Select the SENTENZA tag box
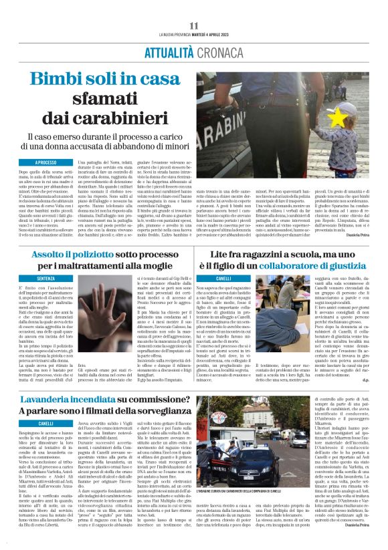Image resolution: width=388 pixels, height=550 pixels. pyautogui.click(x=45, y=277)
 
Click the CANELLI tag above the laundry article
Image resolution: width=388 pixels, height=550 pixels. pyautogui.click(x=45, y=423)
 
